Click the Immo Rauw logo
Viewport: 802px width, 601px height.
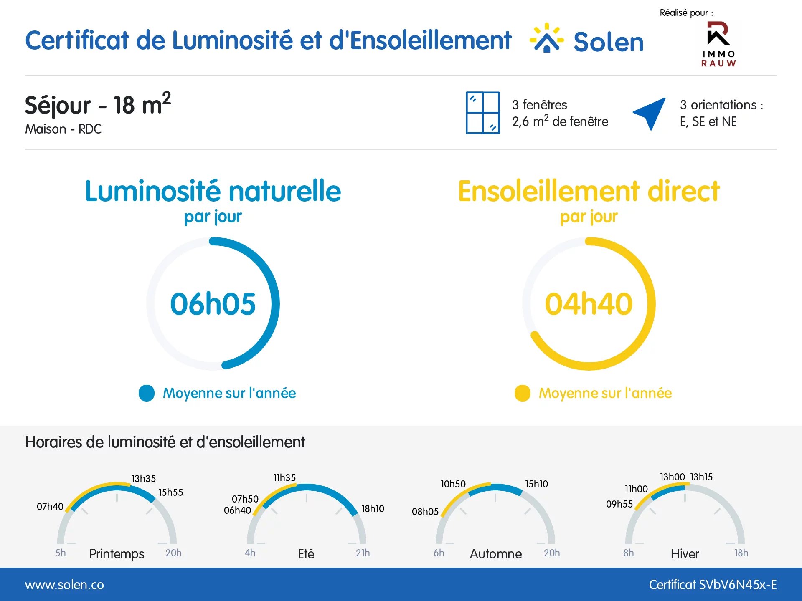718,44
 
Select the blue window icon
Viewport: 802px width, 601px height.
483,113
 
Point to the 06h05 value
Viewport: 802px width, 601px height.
213,304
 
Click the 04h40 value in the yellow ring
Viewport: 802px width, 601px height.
589,304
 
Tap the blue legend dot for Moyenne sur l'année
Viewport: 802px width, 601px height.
147,393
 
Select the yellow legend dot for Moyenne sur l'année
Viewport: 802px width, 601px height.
523,393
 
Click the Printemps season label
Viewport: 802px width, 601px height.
117,554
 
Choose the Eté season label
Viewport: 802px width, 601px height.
306,553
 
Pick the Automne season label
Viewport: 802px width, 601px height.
496,554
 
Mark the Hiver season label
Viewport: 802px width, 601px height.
685,554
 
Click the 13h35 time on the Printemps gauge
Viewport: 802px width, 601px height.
144,479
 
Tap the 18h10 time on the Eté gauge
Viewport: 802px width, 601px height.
373,509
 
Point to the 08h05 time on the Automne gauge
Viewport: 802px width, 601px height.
425,512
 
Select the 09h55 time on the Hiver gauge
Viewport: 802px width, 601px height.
619,504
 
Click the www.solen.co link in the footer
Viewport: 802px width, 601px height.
64,585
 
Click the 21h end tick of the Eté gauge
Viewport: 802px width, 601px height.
353,543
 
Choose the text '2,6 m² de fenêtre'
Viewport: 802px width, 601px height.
560,121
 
